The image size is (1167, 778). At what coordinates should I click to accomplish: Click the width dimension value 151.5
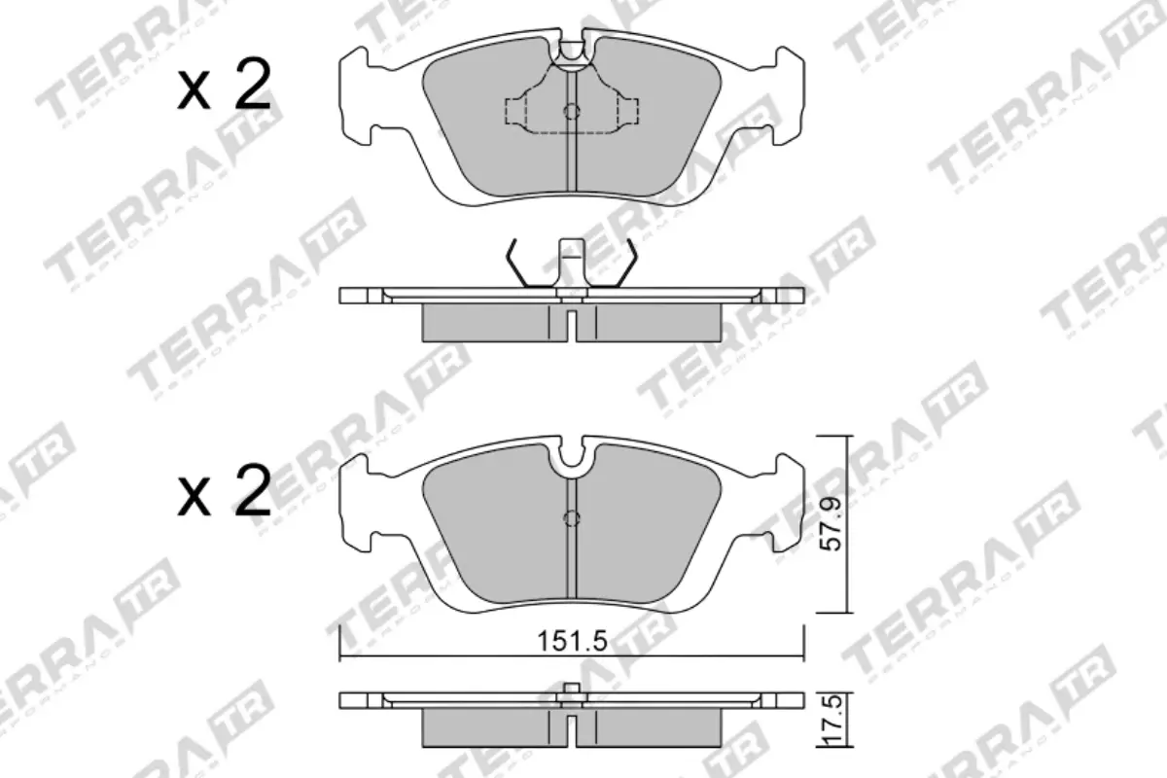point(571,641)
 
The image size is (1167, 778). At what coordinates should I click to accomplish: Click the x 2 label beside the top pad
point(224,89)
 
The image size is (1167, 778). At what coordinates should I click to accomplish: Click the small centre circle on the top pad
point(572,111)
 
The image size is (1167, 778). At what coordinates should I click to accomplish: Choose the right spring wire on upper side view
point(627,265)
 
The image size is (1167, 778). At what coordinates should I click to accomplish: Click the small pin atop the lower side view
point(572,691)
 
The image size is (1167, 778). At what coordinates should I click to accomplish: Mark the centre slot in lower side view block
point(572,724)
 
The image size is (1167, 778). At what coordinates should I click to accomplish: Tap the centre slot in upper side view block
point(572,321)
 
